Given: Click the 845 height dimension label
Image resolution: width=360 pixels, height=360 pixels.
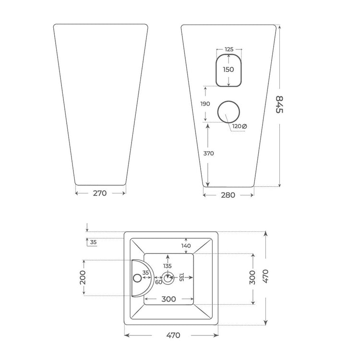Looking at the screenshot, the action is (279, 105).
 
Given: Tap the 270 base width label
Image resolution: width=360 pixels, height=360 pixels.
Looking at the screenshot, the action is (100, 193).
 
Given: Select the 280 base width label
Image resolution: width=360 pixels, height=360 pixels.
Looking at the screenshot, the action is (228, 195).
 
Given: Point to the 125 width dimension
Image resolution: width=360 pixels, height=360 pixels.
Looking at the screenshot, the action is (229, 49).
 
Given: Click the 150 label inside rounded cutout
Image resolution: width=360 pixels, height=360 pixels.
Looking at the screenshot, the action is (228, 69).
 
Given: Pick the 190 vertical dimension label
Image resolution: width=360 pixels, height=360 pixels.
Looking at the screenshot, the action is (205, 104).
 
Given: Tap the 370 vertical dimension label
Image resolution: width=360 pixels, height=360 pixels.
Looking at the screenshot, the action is (208, 154).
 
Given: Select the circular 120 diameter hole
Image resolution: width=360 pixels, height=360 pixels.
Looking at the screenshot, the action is (228, 101).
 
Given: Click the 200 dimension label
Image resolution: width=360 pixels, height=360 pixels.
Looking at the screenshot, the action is (83, 277).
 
